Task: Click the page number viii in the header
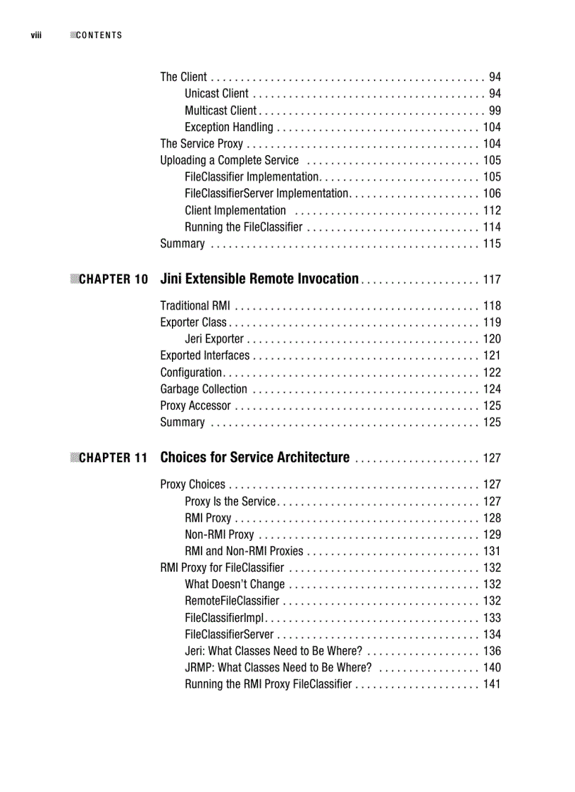click(35, 35)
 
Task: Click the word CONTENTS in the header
click(99, 35)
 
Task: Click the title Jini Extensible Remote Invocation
click(259, 279)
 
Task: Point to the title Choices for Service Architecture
click(254, 458)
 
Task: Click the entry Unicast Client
click(216, 94)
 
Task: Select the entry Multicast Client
click(221, 111)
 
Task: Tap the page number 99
click(495, 111)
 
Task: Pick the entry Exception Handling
click(228, 128)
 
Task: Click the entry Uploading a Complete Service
click(229, 161)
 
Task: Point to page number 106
click(492, 194)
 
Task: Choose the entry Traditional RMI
click(194, 306)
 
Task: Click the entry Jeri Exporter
click(214, 339)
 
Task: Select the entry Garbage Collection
click(204, 389)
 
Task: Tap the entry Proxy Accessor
click(195, 406)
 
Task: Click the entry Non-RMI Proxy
click(219, 535)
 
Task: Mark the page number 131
click(492, 552)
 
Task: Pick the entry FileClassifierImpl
click(224, 618)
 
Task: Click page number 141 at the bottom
click(492, 685)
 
